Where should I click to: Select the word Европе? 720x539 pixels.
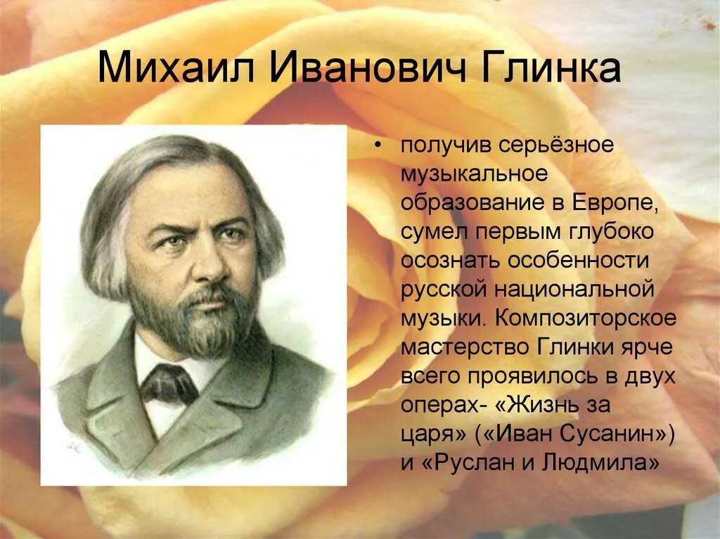(617, 202)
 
